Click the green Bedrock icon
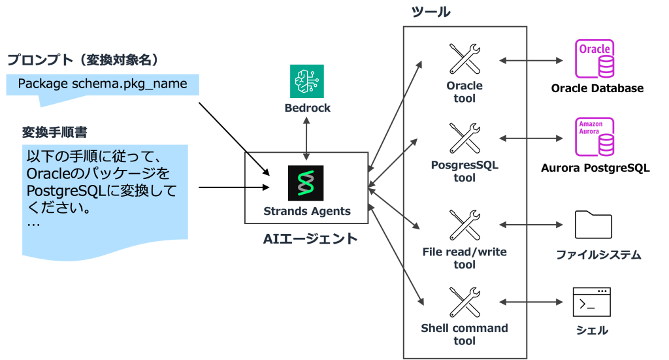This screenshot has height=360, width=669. click(x=307, y=82)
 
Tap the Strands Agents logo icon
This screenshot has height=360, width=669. click(x=306, y=182)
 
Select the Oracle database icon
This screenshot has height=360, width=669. click(x=594, y=59)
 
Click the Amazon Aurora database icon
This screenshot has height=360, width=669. click(x=594, y=137)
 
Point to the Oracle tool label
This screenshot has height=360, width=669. click(x=465, y=92)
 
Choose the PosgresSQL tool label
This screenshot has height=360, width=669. click(x=465, y=171)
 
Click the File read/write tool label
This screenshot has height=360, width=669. click(x=465, y=258)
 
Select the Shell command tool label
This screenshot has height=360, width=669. click(x=465, y=334)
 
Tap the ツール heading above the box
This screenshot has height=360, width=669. click(x=431, y=12)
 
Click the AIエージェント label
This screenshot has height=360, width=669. click(x=310, y=239)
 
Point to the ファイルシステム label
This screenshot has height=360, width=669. click(x=598, y=255)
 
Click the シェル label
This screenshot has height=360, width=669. click(x=592, y=331)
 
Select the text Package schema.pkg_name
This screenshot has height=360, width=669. click(x=103, y=84)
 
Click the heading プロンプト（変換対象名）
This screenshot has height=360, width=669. click(x=83, y=61)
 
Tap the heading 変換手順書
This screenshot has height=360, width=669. click(x=55, y=133)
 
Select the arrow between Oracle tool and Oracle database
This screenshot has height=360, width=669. click(x=530, y=61)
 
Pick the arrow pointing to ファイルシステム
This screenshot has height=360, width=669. click(x=530, y=224)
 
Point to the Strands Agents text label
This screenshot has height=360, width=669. click(x=306, y=211)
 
